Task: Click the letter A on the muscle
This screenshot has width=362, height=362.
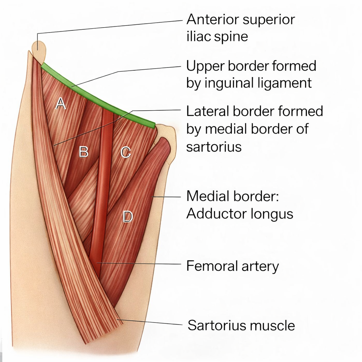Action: (61, 104)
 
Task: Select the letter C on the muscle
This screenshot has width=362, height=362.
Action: (125, 152)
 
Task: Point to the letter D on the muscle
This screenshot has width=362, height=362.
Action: (127, 216)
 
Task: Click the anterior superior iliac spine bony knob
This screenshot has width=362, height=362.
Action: (39, 50)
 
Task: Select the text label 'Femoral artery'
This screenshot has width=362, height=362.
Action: (232, 266)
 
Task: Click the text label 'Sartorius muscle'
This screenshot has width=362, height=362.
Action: (241, 325)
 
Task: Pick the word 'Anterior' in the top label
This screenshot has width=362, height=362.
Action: (213, 19)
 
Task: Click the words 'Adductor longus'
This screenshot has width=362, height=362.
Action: (240, 214)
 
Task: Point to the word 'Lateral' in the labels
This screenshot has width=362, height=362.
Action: (208, 111)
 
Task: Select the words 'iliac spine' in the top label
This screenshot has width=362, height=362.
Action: (217, 37)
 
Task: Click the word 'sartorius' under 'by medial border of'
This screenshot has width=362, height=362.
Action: (214, 147)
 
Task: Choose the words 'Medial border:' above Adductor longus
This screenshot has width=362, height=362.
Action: (233, 196)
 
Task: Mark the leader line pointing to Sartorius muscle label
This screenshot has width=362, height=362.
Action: (152, 322)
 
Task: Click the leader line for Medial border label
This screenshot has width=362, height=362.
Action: (166, 197)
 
